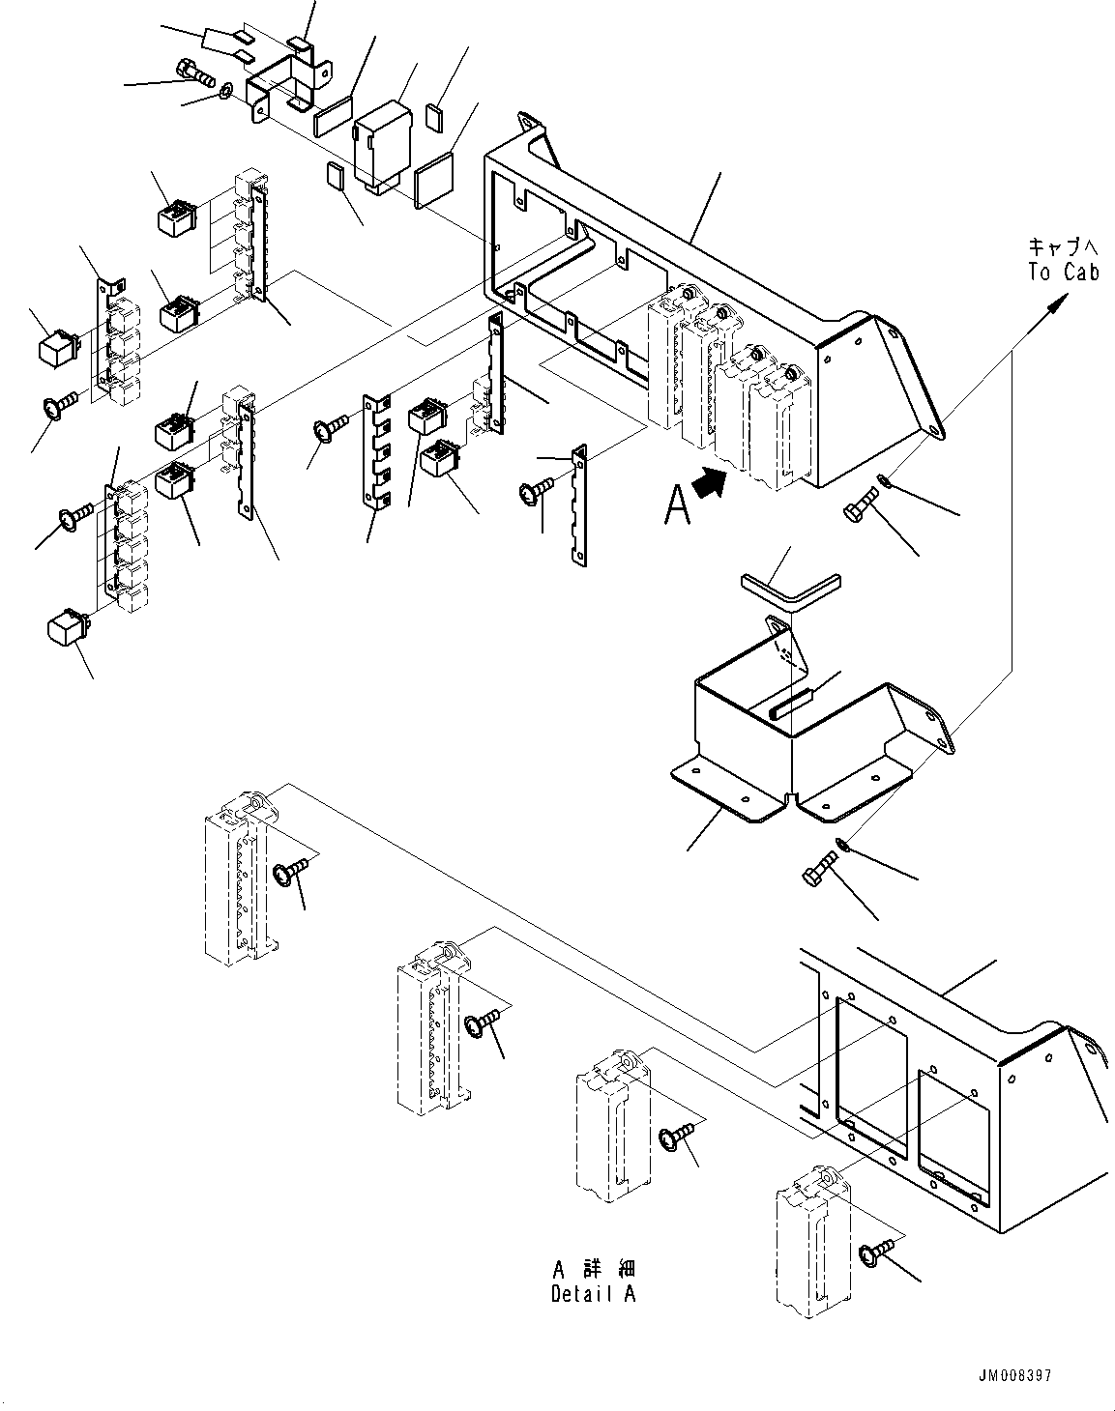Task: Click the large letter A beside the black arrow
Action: [678, 504]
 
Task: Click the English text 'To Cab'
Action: [1063, 273]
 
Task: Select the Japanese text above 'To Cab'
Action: [1063, 247]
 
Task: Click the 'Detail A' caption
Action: [593, 1294]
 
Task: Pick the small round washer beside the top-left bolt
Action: [223, 92]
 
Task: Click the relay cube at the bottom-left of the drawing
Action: [67, 625]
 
